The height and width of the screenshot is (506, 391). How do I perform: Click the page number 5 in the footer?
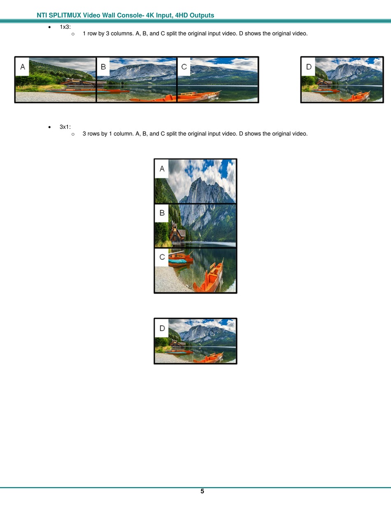202,491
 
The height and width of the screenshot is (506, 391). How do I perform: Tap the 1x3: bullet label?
65,27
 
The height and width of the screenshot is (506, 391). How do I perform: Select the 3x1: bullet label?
65,127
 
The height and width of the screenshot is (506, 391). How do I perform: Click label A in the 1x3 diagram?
23,67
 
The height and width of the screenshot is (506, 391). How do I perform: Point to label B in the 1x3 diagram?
103,67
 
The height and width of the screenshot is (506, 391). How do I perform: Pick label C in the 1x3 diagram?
184,67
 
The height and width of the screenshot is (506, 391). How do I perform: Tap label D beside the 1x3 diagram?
309,67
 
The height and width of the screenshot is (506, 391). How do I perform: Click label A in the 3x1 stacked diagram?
162,168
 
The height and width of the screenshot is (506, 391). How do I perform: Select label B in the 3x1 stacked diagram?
162,213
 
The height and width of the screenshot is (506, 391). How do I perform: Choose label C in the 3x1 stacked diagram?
162,257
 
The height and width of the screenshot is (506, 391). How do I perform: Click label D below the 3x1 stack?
162,328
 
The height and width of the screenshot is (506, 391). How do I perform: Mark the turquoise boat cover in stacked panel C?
177,261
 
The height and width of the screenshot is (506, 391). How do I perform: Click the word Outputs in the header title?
202,15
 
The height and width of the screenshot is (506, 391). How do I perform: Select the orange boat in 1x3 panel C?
199,96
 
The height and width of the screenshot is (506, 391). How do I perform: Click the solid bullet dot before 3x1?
49,127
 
